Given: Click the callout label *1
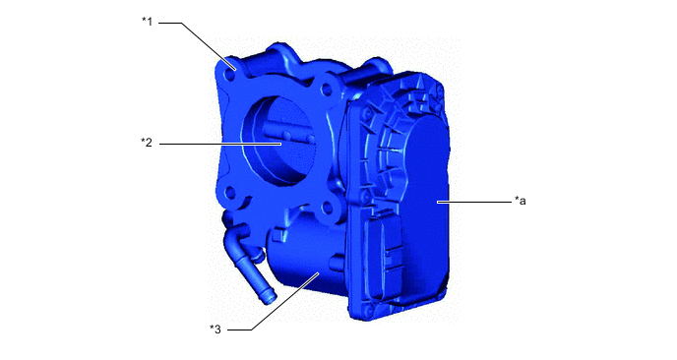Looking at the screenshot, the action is coord(148,22).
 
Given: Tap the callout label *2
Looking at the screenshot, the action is coord(147,143).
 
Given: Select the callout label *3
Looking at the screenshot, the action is coord(215,330).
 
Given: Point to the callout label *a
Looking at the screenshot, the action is coord(521,201).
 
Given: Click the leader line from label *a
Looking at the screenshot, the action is coord(474,202).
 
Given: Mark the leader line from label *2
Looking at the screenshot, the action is coord(220,144).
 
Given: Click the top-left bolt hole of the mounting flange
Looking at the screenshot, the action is coord(230,76).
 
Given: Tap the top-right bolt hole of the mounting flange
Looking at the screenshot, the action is coord(326,90).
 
